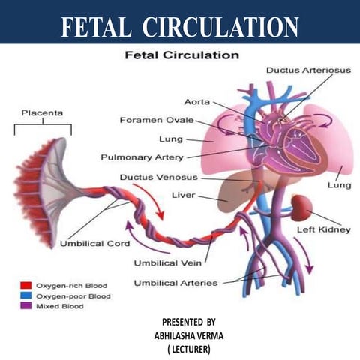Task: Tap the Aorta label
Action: pyautogui.click(x=196, y=101)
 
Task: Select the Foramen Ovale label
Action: pyautogui.click(x=156, y=120)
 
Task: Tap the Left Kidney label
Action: pyautogui.click(x=323, y=229)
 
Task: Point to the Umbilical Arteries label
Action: pyautogui.click(x=175, y=283)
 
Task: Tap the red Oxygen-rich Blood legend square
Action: pyautogui.click(x=24, y=286)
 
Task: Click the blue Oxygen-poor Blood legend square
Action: pyautogui.click(x=24, y=295)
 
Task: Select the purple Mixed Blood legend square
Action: pyautogui.click(x=24, y=305)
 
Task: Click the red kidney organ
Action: pyautogui.click(x=303, y=206)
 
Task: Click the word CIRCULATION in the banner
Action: pyautogui.click(x=221, y=26)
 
